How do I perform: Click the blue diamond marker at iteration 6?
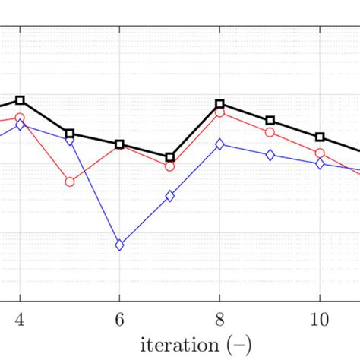pos(119,245)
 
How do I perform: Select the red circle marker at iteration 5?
pos(70,182)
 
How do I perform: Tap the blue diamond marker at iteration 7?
pos(169,196)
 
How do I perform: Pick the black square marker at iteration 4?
pos(20,100)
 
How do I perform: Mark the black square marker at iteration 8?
pos(219,103)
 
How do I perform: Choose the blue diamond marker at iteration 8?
pos(219,144)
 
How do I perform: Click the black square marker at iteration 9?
pos(270,121)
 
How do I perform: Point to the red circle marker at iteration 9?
pos(270,132)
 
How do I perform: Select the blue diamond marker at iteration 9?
pos(270,155)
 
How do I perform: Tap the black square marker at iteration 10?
pos(320,137)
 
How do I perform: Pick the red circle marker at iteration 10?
pos(320,153)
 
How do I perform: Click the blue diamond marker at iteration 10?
pos(320,164)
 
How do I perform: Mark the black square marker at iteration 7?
pos(169,157)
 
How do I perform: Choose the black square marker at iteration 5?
pos(70,134)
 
